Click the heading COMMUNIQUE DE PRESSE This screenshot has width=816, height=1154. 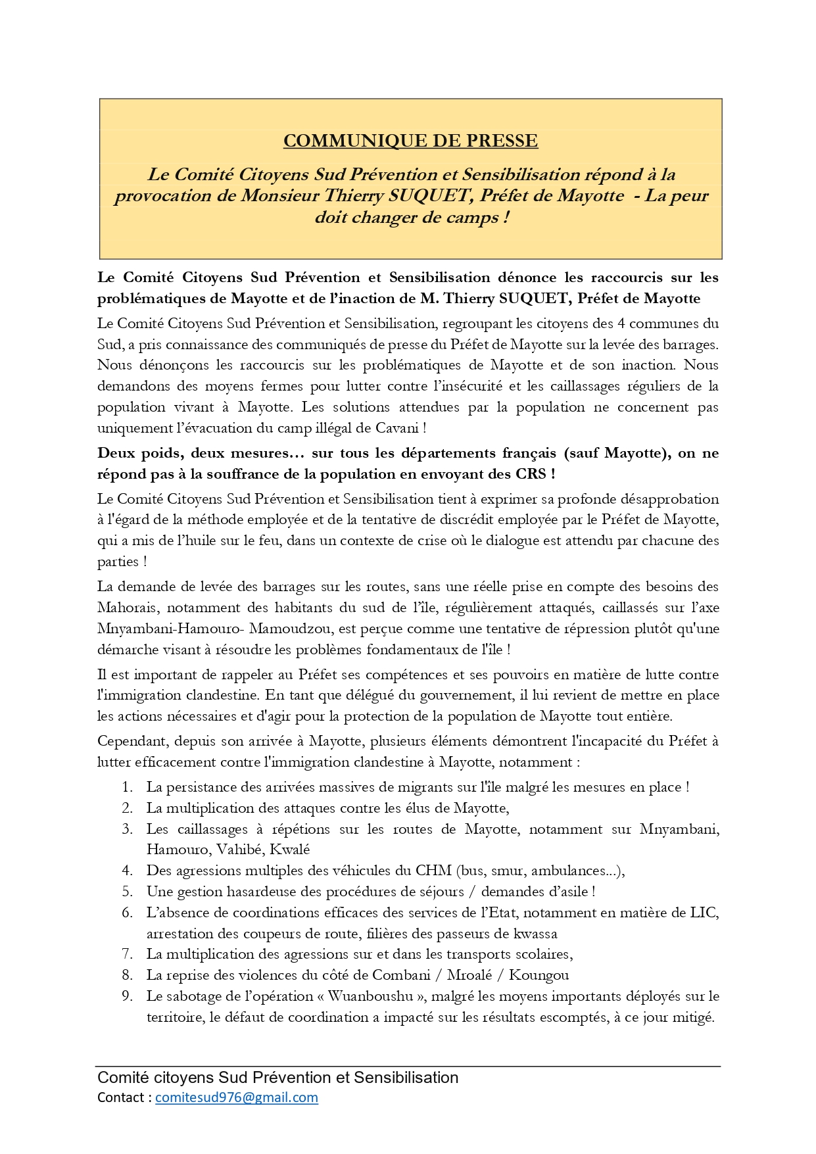point(410,141)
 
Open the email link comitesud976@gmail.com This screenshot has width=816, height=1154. point(237,1097)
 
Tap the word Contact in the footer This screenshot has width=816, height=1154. point(121,1097)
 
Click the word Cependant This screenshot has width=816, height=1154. point(133,742)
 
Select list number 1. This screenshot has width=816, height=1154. point(127,787)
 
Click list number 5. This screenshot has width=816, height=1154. point(127,892)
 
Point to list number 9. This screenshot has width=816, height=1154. point(127,996)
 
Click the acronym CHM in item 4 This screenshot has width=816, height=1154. point(433,871)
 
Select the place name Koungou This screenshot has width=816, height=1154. point(539,975)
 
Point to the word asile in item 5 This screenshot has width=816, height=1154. point(571,892)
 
